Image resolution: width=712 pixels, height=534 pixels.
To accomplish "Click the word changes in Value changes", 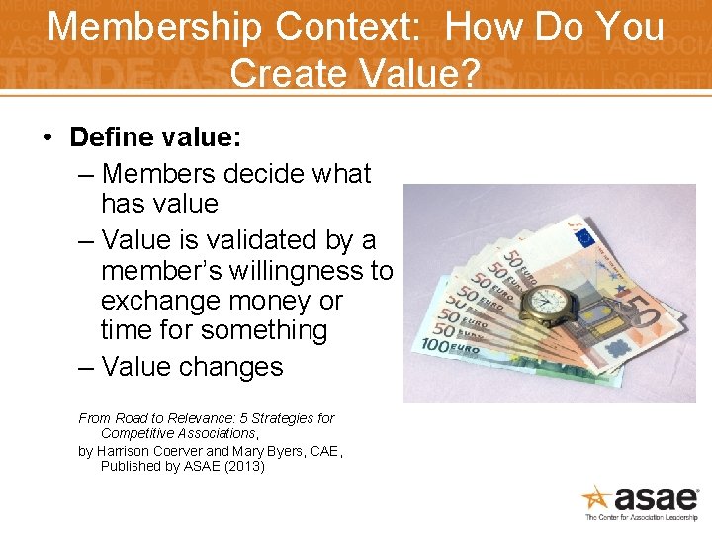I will [x=235, y=367].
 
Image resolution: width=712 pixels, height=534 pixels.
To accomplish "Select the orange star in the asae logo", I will [x=598, y=497].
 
